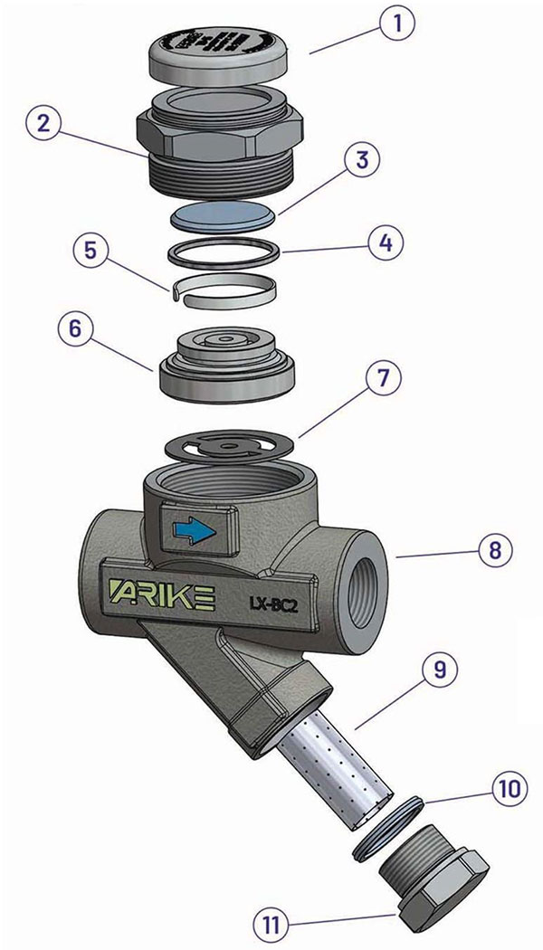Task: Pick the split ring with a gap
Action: tap(224, 290)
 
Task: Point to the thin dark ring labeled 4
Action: tap(224, 254)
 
